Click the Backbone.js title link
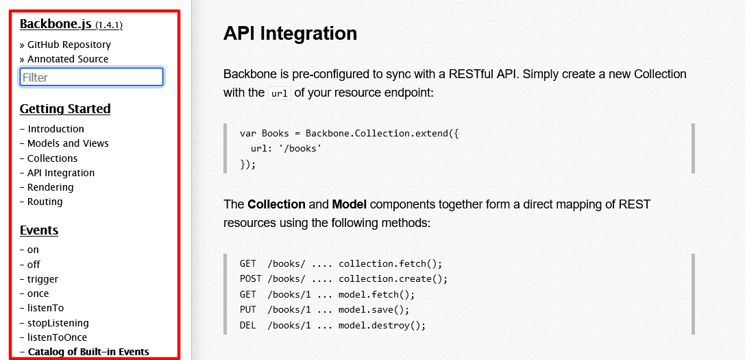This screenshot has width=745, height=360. click(x=56, y=24)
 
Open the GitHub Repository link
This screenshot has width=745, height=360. click(x=69, y=45)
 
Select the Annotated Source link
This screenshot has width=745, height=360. click(x=68, y=59)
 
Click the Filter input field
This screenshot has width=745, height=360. click(x=91, y=77)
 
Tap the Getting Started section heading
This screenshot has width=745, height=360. click(x=65, y=109)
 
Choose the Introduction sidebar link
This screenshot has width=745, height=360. click(x=56, y=129)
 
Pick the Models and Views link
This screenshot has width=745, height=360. click(x=68, y=143)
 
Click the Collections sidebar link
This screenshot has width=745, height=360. click(x=52, y=158)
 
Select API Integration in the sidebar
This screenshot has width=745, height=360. click(x=61, y=173)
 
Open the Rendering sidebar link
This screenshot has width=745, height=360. click(x=50, y=187)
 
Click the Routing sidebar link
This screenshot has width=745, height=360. click(x=45, y=202)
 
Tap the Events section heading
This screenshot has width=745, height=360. click(x=39, y=230)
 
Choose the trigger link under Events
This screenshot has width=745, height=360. click(x=42, y=279)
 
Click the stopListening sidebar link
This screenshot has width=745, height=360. click(x=58, y=323)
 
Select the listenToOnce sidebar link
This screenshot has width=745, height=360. click(x=57, y=337)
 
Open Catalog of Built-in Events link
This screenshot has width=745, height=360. click(x=88, y=352)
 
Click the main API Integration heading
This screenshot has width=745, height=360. click(x=290, y=33)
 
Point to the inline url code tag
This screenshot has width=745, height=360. click(x=280, y=93)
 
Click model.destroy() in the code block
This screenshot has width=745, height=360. click(x=382, y=326)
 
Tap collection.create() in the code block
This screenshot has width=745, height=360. click(x=393, y=279)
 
